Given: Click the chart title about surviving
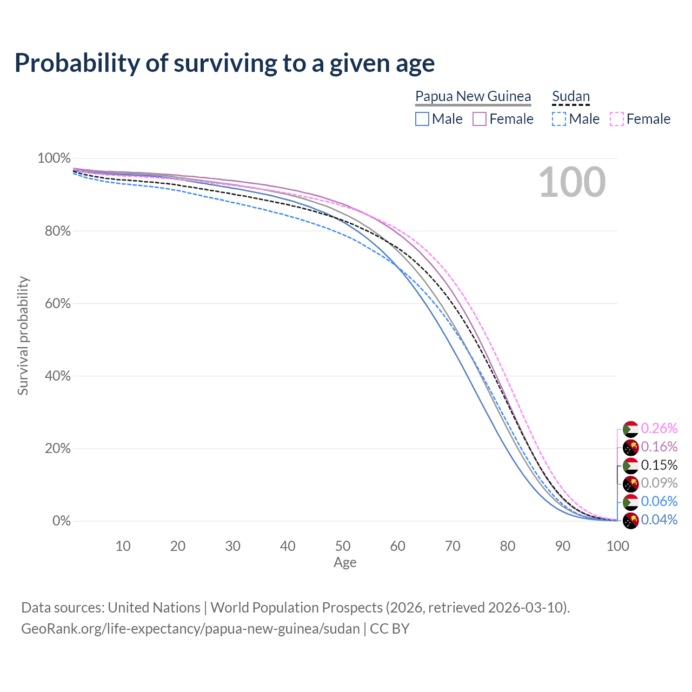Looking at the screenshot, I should pyautogui.click(x=224, y=63).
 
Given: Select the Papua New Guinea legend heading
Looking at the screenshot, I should pyautogui.click(x=473, y=96).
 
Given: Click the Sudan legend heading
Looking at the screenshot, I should pyautogui.click(x=571, y=96).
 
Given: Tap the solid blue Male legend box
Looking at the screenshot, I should pyautogui.click(x=422, y=119).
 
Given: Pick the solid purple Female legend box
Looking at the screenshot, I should pyautogui.click(x=480, y=119).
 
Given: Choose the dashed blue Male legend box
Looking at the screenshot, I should pyautogui.click(x=559, y=119).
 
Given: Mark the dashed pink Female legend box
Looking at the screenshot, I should pyautogui.click(x=617, y=119).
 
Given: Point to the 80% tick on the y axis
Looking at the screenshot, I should pyautogui.click(x=54, y=231).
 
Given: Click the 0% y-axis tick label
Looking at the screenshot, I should pyautogui.click(x=61, y=521).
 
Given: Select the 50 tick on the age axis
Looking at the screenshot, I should pyautogui.click(x=343, y=546).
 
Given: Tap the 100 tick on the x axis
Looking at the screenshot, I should pyautogui.click(x=617, y=546).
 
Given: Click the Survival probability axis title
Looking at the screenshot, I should pyautogui.click(x=23, y=336).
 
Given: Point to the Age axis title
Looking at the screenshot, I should pyautogui.click(x=345, y=563).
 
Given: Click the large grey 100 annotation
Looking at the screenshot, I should pyautogui.click(x=572, y=182).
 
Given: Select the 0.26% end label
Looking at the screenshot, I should pyautogui.click(x=659, y=428).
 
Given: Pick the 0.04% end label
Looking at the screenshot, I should pyautogui.click(x=659, y=520).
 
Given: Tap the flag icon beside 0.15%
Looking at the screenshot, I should pyautogui.click(x=630, y=465).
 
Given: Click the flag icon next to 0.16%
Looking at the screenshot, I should pyautogui.click(x=630, y=447).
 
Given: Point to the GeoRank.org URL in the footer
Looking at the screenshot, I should pyautogui.click(x=190, y=629).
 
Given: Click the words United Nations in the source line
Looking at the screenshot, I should pyautogui.click(x=154, y=608).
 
